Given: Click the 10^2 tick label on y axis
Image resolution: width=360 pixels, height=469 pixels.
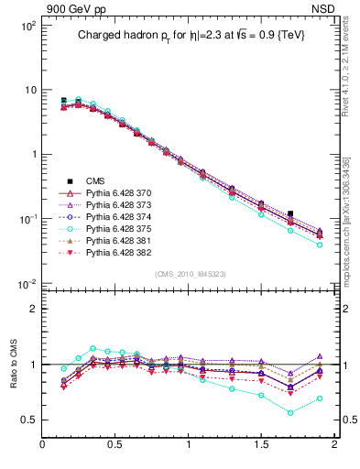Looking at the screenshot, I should coord(27,26).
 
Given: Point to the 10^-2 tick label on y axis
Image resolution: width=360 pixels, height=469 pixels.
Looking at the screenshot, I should coord(27,283).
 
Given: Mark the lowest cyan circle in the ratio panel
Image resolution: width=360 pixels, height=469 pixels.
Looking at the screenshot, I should coord(290,412).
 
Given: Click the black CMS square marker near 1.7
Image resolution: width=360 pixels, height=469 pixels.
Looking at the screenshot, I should coord(290,213).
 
